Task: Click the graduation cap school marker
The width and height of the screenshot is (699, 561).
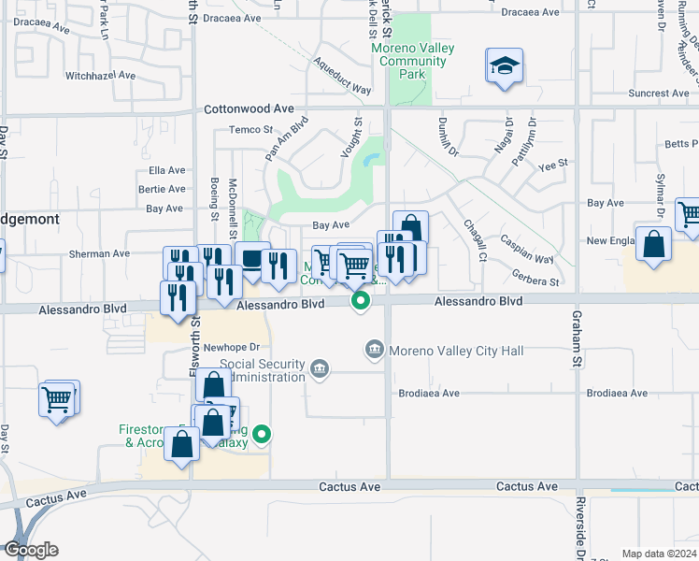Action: click(504, 66)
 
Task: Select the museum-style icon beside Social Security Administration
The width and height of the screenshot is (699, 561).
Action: click(321, 368)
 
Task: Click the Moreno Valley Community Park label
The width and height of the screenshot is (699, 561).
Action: click(410, 61)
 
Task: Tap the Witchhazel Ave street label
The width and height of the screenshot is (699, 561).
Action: click(102, 75)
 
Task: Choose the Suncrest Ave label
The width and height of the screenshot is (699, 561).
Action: click(659, 93)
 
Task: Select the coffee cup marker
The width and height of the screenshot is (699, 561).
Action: click(252, 259)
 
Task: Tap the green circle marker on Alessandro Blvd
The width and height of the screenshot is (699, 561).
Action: click(360, 301)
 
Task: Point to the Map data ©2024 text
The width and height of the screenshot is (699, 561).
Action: click(658, 554)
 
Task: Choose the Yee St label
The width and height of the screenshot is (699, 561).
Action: click(553, 165)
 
